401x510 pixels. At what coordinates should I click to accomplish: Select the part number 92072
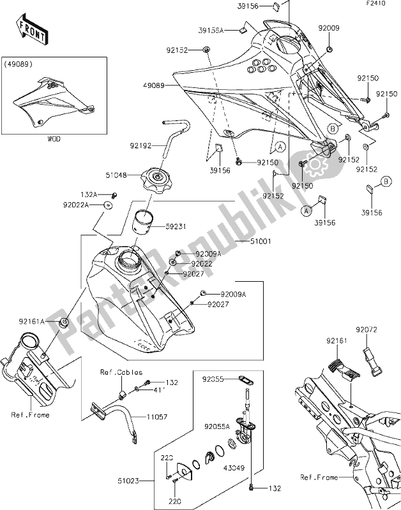(367, 330)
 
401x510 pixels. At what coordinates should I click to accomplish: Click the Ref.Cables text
(121, 372)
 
